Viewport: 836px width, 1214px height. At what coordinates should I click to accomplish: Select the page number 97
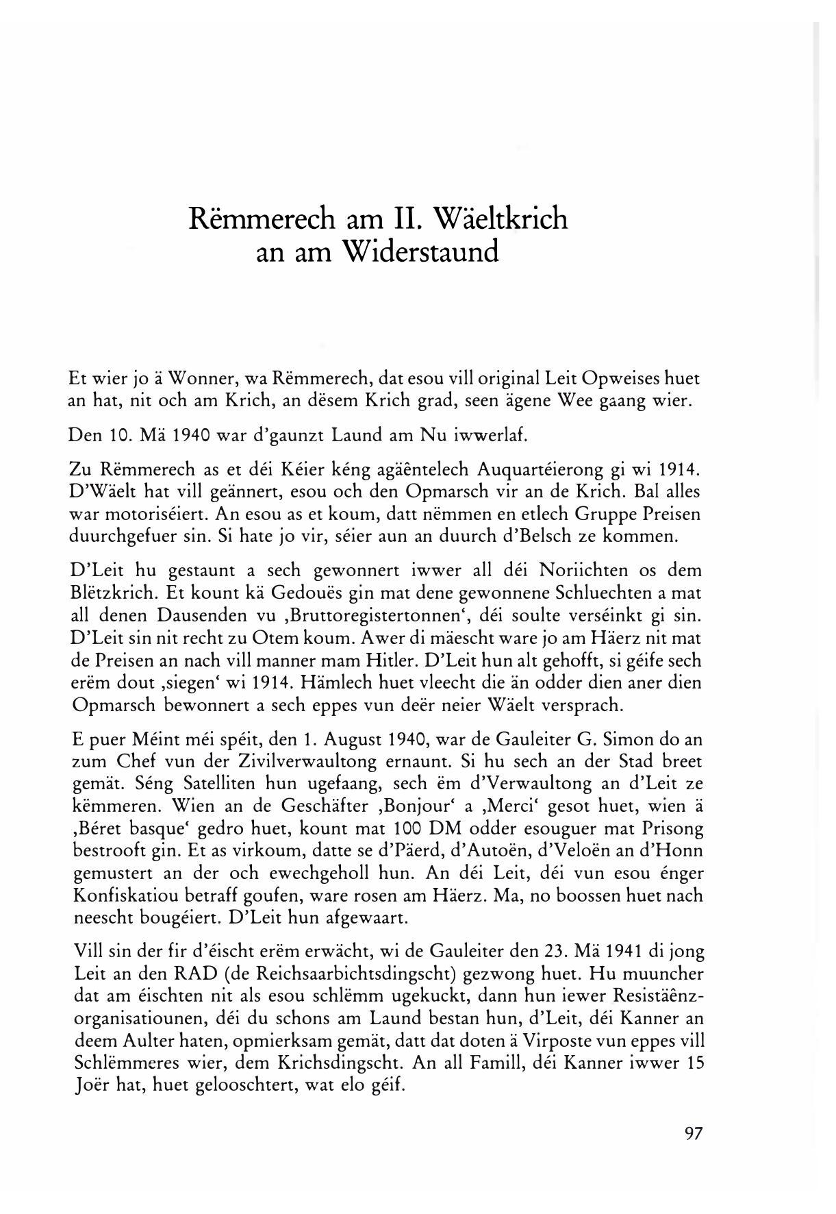pos(693,1134)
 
